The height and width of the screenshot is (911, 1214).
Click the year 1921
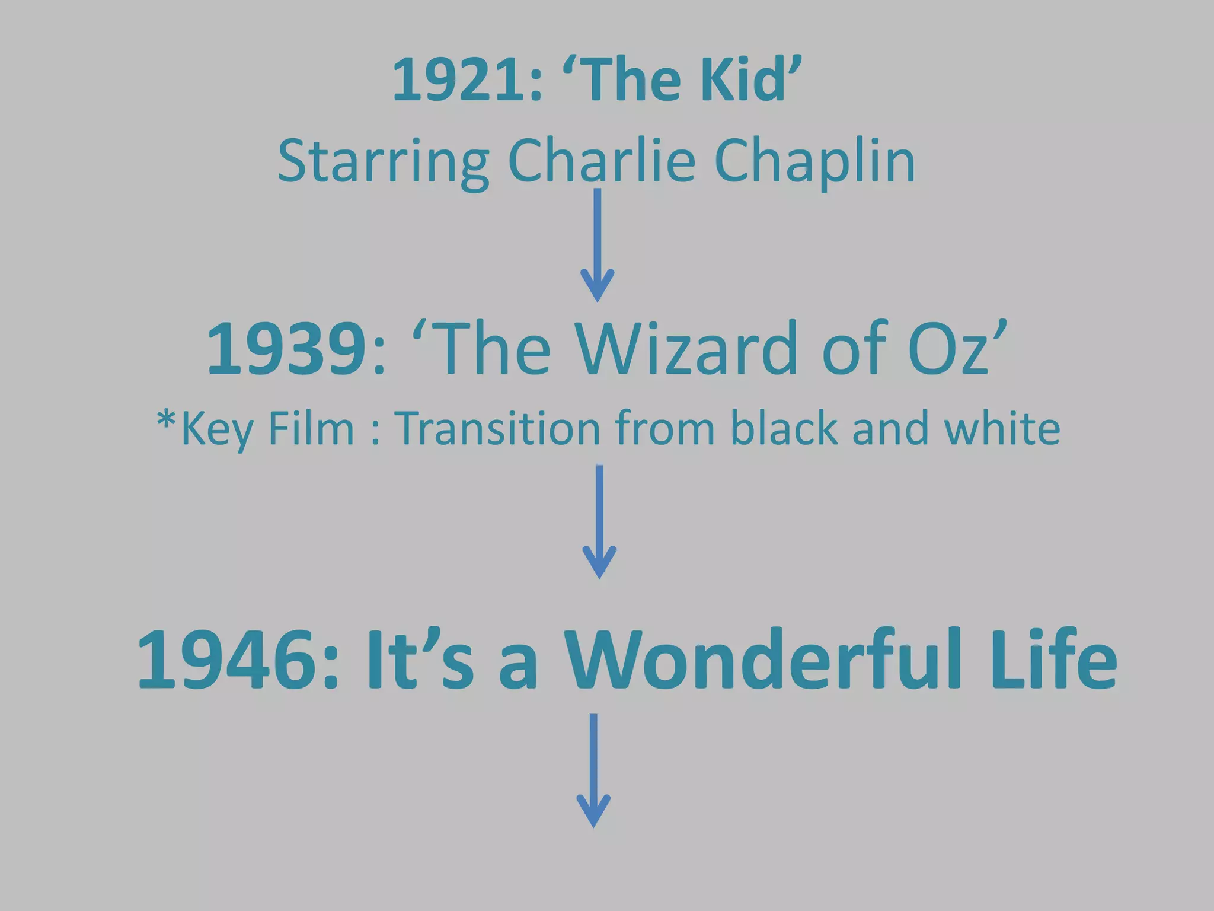[459, 80]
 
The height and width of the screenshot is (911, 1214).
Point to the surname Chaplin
[814, 162]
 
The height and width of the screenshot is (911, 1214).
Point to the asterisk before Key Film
[165, 421]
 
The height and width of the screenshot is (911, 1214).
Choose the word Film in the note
[311, 428]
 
